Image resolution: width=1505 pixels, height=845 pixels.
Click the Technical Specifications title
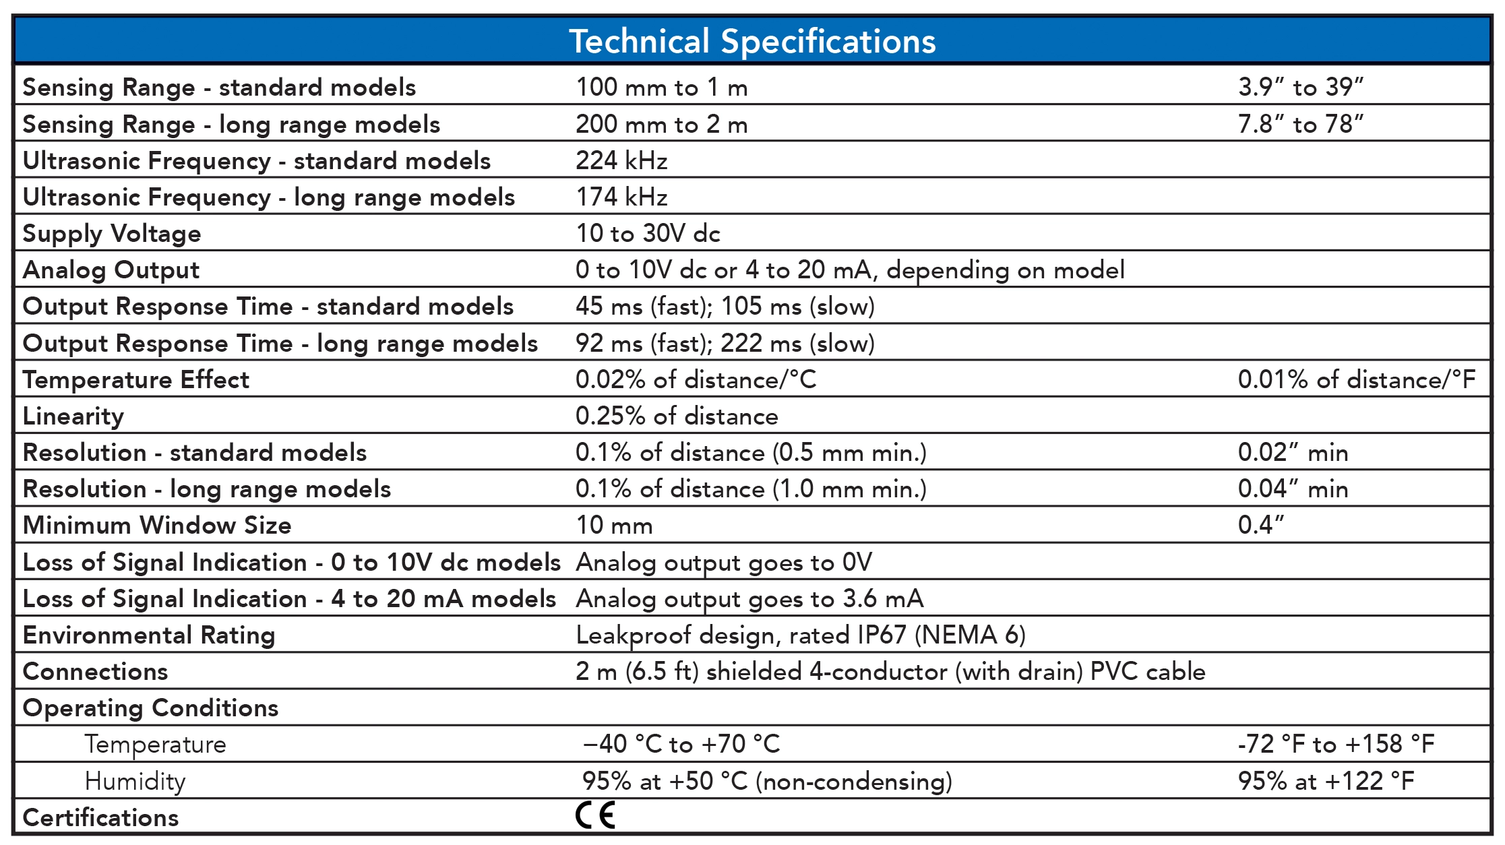tap(752, 41)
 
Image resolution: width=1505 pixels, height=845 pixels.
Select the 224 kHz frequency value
tap(621, 160)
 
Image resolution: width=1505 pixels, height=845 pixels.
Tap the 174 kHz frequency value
tap(621, 197)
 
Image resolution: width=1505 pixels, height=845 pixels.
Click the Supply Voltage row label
tap(112, 233)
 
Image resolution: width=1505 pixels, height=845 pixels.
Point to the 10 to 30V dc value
tap(648, 233)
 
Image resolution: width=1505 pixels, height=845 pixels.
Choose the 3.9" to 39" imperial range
tap(1300, 87)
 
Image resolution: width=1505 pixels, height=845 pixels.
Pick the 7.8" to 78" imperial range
tap(1300, 124)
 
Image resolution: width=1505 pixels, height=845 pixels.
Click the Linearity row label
tap(73, 416)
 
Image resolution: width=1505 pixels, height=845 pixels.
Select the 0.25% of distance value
tap(677, 416)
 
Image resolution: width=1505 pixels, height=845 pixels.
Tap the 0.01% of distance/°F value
tap(1356, 379)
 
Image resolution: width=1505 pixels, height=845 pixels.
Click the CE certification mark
tap(596, 815)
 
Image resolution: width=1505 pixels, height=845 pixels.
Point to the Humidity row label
tap(135, 781)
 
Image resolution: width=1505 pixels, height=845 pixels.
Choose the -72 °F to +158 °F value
tap(1336, 744)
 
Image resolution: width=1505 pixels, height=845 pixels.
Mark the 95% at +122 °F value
tap(1326, 781)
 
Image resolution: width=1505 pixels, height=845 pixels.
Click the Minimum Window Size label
tap(157, 525)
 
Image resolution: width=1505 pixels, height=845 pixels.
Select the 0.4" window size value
tap(1261, 525)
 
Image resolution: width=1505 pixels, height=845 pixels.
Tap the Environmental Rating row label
tap(149, 635)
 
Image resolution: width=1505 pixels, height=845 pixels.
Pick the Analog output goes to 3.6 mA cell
tap(749, 598)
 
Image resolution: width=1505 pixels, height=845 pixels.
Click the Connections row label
tap(95, 671)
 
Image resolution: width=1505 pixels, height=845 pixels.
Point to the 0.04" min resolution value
tap(1293, 489)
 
